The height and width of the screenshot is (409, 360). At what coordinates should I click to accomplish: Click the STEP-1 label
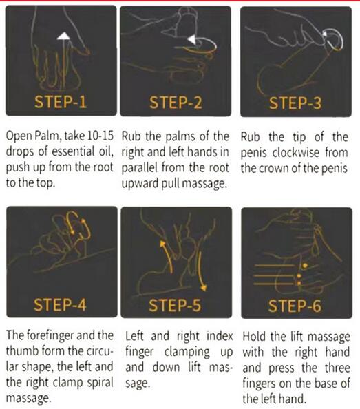pos(61,102)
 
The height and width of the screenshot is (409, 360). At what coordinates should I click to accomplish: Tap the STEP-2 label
pos(176,102)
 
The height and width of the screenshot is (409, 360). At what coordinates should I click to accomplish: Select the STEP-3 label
pos(295,103)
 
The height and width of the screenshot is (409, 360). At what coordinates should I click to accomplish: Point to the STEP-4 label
pos(60,304)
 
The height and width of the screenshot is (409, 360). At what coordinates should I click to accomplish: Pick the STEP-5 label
pos(175,305)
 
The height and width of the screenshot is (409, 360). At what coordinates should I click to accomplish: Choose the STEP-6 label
pos(295,306)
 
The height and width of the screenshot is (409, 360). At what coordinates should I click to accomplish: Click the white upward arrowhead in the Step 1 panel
pos(63,36)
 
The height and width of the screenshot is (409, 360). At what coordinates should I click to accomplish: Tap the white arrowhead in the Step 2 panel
pos(191,40)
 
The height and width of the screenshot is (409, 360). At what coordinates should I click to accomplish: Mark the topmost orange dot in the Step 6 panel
pos(305,266)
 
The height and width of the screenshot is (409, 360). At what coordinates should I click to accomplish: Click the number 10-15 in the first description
pos(100,136)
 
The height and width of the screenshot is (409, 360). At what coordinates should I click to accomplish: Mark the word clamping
pos(187,352)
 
